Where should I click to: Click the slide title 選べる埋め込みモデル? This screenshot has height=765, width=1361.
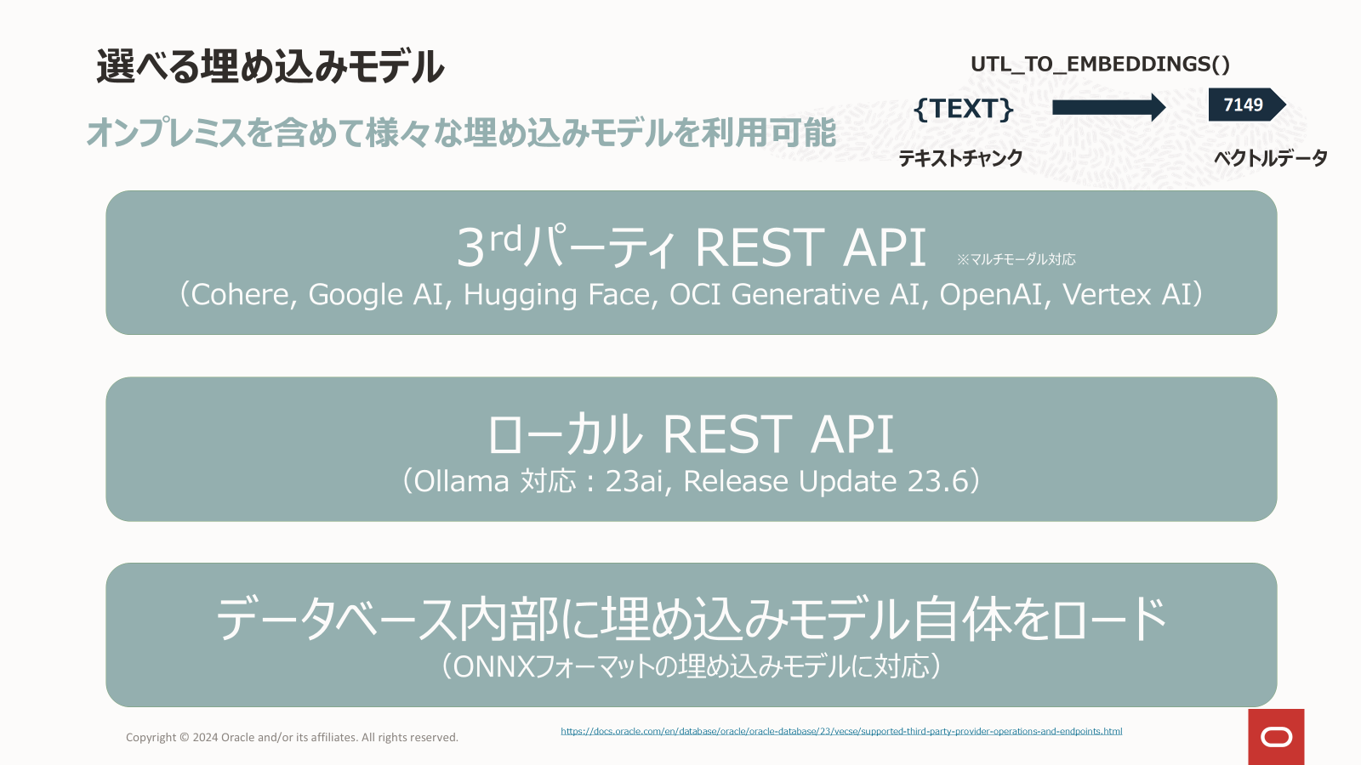(x=270, y=66)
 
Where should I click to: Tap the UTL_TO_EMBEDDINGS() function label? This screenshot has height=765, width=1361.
(x=1100, y=65)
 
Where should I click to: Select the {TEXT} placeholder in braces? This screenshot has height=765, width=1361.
(x=964, y=110)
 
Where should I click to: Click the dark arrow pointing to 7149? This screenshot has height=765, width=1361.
(x=1109, y=107)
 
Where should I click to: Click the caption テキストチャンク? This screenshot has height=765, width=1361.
(x=960, y=158)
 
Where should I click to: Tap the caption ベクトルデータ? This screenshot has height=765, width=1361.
(x=1271, y=158)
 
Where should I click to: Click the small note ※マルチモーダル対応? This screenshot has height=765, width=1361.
(x=1016, y=260)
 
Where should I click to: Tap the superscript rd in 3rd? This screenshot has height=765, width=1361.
(x=506, y=239)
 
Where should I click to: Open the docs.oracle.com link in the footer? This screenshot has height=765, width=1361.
(x=841, y=732)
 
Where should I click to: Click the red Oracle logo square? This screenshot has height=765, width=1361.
(x=1277, y=737)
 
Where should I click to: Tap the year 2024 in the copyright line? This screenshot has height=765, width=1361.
(x=205, y=738)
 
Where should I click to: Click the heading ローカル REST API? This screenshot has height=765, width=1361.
(x=691, y=434)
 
